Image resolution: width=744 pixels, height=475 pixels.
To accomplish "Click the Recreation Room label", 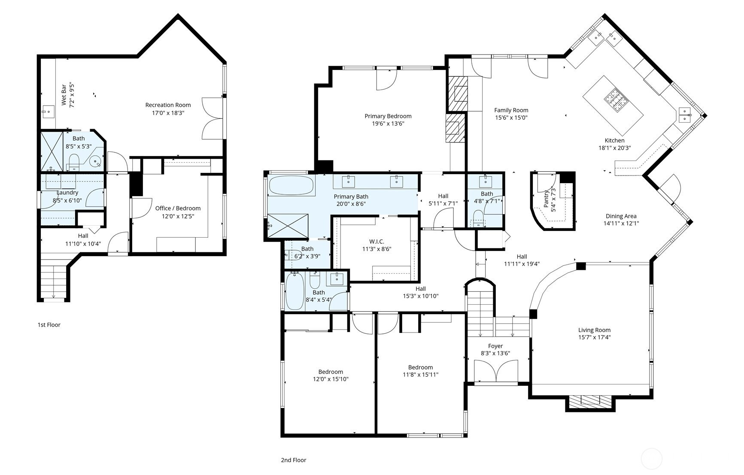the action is click(x=168, y=105).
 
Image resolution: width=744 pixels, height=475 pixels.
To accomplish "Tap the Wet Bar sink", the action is click(x=48, y=112).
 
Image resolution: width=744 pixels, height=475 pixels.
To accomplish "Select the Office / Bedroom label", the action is click(x=178, y=208).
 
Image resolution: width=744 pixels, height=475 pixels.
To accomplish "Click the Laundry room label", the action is click(x=67, y=193).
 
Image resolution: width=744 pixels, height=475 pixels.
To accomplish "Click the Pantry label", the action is click(x=547, y=199).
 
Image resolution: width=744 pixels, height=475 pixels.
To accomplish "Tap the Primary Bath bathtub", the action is click(x=292, y=185).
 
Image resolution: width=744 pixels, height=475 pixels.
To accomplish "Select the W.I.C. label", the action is click(x=377, y=242).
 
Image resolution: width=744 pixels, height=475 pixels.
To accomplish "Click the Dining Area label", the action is click(x=621, y=216).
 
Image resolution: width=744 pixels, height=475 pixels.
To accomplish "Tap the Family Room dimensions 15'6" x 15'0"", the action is click(x=511, y=117).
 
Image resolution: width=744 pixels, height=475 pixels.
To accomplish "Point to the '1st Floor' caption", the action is click(x=49, y=325).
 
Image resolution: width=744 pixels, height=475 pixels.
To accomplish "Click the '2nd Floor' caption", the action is click(x=294, y=460).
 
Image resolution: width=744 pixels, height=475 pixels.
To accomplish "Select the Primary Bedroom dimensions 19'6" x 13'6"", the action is click(x=388, y=124).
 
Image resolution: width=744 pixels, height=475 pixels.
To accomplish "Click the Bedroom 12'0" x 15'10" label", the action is click(x=331, y=375).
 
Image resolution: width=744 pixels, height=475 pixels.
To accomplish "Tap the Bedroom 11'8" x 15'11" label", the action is click(x=420, y=371).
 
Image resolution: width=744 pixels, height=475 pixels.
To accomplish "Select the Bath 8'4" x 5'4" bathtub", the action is click(x=295, y=290).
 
